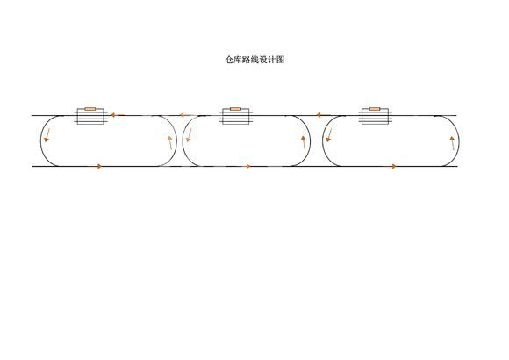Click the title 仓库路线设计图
tap(254, 60)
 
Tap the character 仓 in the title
tap(230, 60)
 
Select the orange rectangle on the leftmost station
tap(90, 109)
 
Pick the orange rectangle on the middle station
tap(235, 109)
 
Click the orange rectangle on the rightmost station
tap(375, 109)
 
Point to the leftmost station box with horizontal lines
tap(90, 116)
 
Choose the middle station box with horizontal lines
tap(236, 116)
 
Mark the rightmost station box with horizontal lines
tap(376, 116)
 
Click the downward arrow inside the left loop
tap(47, 135)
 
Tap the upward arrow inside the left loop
tap(169, 142)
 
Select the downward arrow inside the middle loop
tap(189, 135)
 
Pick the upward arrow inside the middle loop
tap(304, 142)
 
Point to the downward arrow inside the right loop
tap(329, 135)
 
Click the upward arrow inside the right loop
tap(452, 143)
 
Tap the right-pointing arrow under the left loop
tap(95, 166)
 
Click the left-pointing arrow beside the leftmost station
tap(118, 115)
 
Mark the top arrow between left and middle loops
tap(187, 115)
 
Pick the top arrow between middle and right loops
tap(323, 115)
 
